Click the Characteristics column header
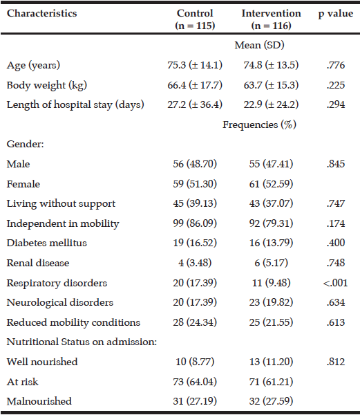click(x=41, y=13)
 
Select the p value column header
click(x=335, y=14)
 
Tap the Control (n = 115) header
click(x=195, y=19)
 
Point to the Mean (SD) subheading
click(x=259, y=45)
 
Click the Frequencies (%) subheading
click(x=259, y=124)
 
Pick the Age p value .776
click(x=336, y=65)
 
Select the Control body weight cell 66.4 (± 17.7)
click(x=195, y=85)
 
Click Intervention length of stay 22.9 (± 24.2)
click(x=271, y=105)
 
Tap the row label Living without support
click(x=61, y=204)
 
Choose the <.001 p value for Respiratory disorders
click(x=335, y=283)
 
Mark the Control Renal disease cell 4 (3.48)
click(x=195, y=263)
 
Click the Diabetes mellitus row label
click(x=47, y=243)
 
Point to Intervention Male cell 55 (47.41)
click(x=271, y=164)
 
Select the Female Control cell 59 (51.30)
click(x=195, y=184)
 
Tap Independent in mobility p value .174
click(x=336, y=223)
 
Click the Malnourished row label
click(x=39, y=401)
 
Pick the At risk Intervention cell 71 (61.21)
click(x=271, y=382)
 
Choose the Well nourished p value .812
click(x=336, y=362)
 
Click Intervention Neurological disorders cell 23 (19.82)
click(x=271, y=302)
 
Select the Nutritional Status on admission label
click(x=82, y=342)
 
